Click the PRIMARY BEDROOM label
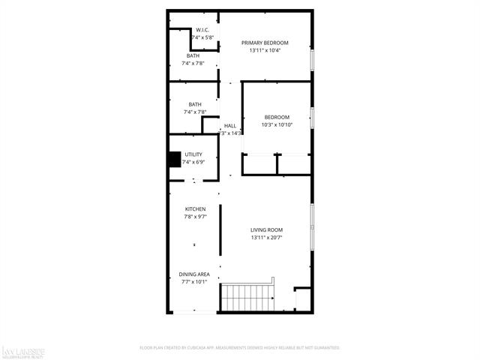(265, 43)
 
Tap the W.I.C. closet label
(192, 30)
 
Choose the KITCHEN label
(196, 209)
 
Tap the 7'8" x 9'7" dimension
(196, 217)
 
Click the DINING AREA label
(194, 274)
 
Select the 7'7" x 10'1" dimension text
(194, 282)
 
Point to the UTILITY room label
(193, 154)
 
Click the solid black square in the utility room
(174, 160)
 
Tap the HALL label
(229, 125)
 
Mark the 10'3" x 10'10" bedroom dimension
(277, 124)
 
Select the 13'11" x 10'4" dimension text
(265, 50)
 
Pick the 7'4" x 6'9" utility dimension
(193, 162)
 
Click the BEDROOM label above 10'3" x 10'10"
(277, 117)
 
